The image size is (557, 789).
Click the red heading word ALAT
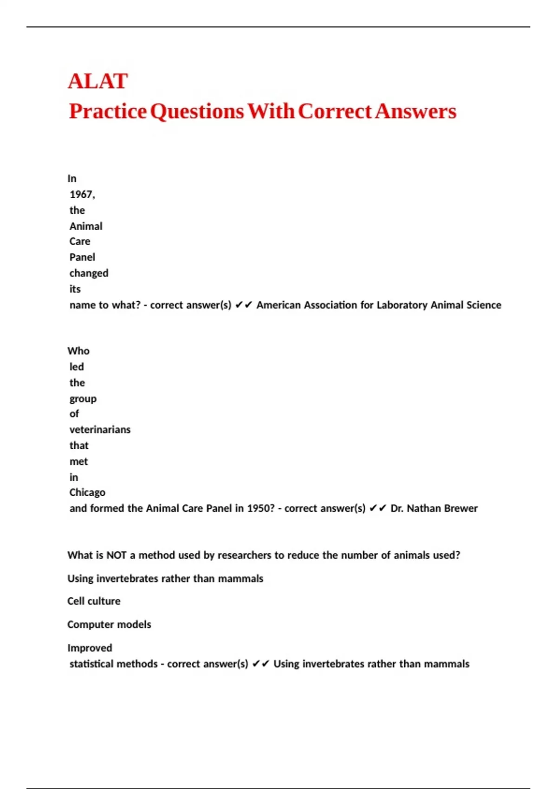point(98,81)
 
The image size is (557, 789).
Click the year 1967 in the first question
point(82,194)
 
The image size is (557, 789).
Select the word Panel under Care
point(82,257)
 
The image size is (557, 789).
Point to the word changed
point(89,273)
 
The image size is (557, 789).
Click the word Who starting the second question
point(78,351)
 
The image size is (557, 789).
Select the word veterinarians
point(100,430)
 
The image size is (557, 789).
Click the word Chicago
point(87,492)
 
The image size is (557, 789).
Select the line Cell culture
point(94,601)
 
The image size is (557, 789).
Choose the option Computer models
point(109,624)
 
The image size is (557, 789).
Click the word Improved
point(90,648)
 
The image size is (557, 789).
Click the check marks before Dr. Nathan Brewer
point(377,509)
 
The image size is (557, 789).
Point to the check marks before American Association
point(243,305)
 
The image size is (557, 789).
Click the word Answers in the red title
point(416,111)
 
